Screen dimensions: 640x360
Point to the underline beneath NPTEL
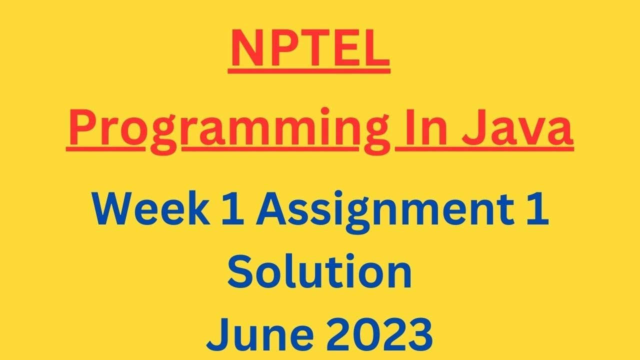309,71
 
